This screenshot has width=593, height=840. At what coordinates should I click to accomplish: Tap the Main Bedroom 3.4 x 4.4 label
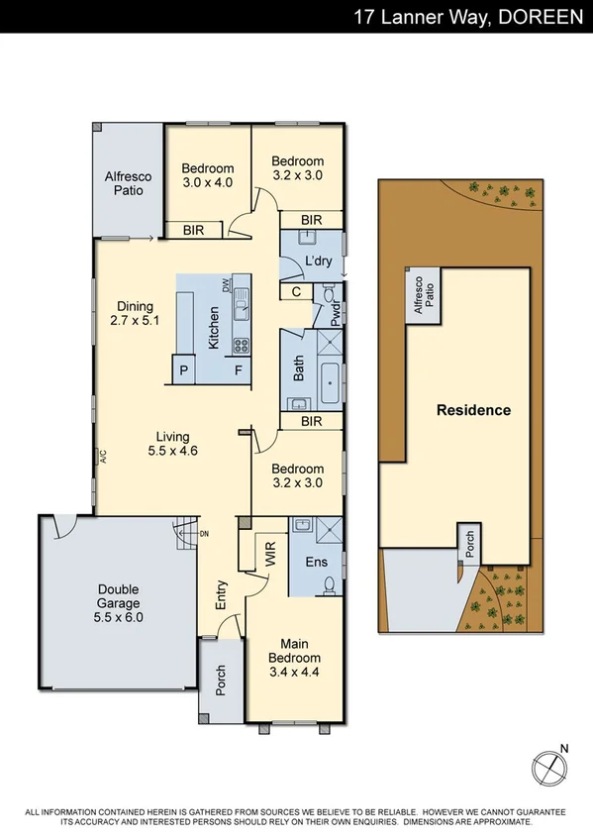pos(294,657)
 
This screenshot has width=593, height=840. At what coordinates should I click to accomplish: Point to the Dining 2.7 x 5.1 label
pos(135,313)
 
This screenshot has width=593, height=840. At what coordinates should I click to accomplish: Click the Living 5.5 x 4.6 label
pos(172,444)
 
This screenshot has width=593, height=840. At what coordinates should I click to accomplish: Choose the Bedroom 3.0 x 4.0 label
pos(207,175)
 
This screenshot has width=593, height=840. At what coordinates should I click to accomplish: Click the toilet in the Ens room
pos(328,584)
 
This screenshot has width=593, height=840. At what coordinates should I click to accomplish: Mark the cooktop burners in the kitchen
pos(240,346)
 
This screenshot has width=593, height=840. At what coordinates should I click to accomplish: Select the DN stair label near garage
pos(204,535)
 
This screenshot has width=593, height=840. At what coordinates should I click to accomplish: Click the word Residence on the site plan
pos(474,410)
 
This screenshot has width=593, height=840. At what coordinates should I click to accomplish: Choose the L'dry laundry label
pos(317,261)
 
